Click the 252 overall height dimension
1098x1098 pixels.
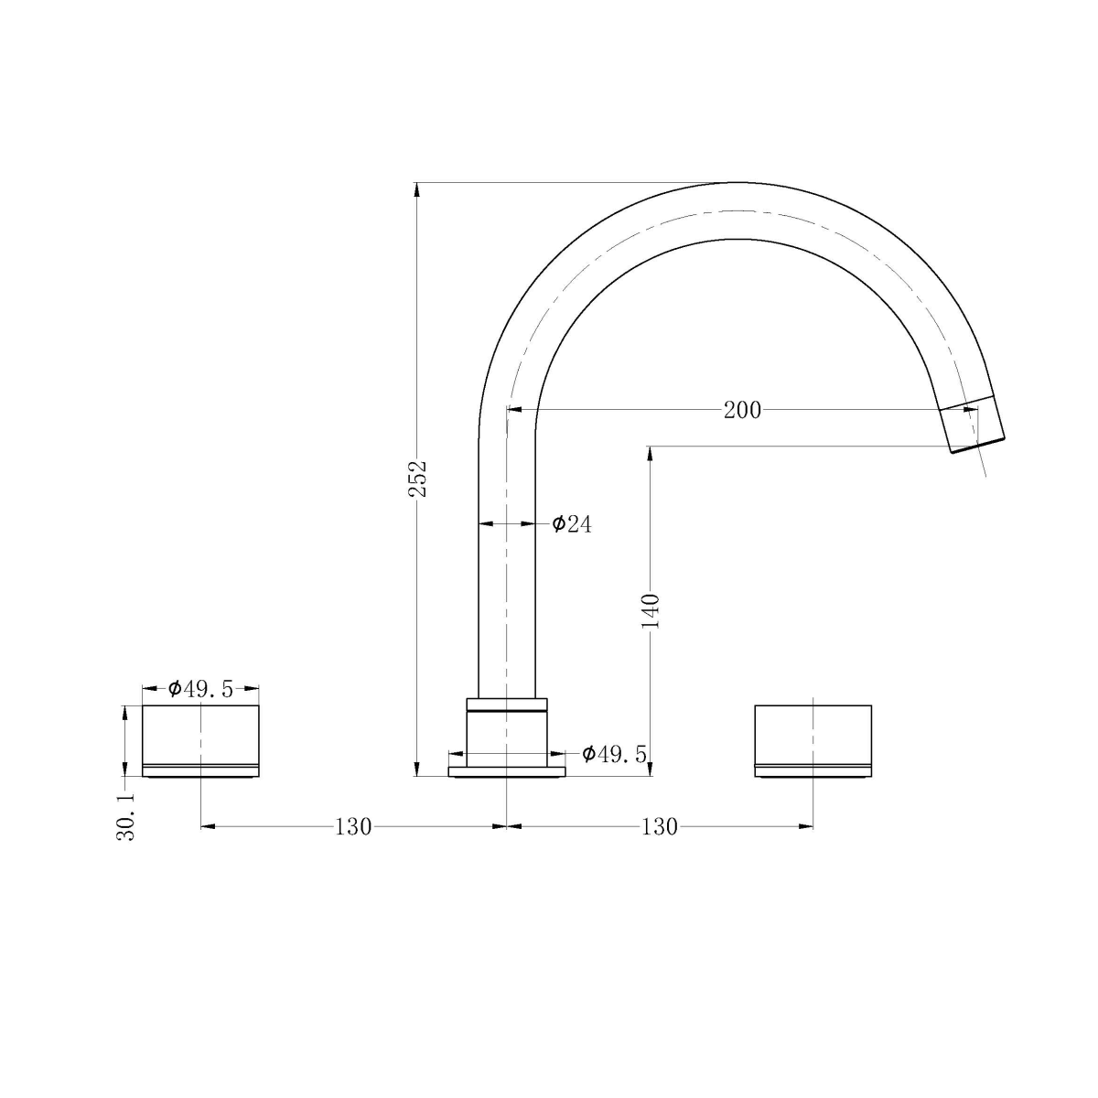point(417,478)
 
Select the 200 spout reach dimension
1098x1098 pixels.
point(741,411)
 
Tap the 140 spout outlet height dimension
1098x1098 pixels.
point(651,610)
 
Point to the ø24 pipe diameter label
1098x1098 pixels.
point(572,524)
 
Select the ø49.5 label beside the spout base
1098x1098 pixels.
point(614,754)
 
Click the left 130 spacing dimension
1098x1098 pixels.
point(353,827)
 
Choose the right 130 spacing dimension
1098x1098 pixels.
point(659,827)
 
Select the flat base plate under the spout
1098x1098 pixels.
point(507,772)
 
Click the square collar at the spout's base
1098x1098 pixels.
point(507,732)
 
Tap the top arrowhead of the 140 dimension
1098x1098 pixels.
point(651,452)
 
